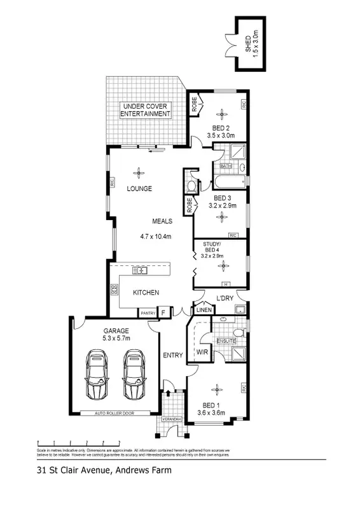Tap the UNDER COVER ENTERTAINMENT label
146,109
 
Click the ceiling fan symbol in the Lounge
139,171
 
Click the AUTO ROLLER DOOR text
114,414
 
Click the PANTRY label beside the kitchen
148,313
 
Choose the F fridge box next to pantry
163,312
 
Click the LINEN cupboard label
203,310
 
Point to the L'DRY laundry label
226,299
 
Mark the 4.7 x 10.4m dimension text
156,237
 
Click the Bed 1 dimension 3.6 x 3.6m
212,412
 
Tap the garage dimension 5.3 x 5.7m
116,338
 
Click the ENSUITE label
226,341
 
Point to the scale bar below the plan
79,441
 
